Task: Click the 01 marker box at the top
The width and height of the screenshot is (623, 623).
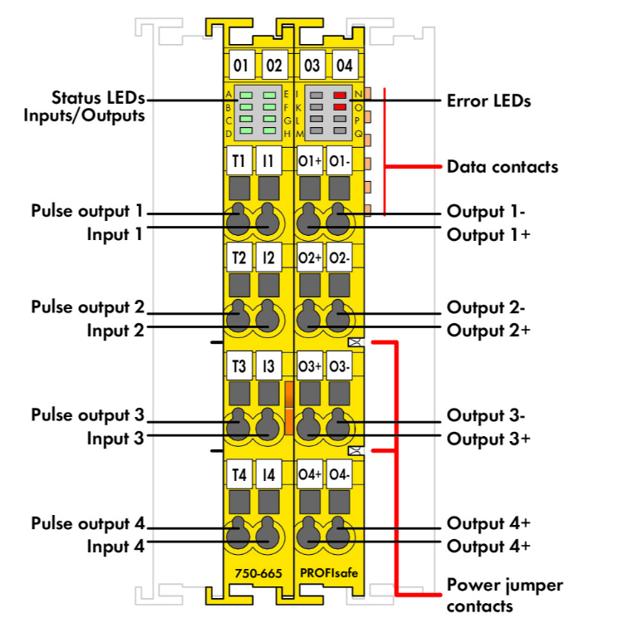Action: (x=241, y=65)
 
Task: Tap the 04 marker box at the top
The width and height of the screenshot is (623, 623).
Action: (x=343, y=65)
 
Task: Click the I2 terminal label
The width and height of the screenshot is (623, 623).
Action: (x=268, y=258)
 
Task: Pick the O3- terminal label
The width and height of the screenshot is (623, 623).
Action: (x=340, y=365)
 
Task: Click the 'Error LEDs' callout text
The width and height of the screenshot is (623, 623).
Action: (x=488, y=101)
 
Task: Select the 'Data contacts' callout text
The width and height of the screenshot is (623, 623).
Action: (x=502, y=166)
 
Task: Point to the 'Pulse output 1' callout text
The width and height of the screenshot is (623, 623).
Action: (x=87, y=210)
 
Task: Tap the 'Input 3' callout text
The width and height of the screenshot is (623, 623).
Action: (x=115, y=438)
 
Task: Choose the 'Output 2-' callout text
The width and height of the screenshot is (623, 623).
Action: (x=486, y=307)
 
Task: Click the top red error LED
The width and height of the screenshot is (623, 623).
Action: (x=340, y=96)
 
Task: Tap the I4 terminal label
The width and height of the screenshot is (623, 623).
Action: (x=268, y=476)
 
